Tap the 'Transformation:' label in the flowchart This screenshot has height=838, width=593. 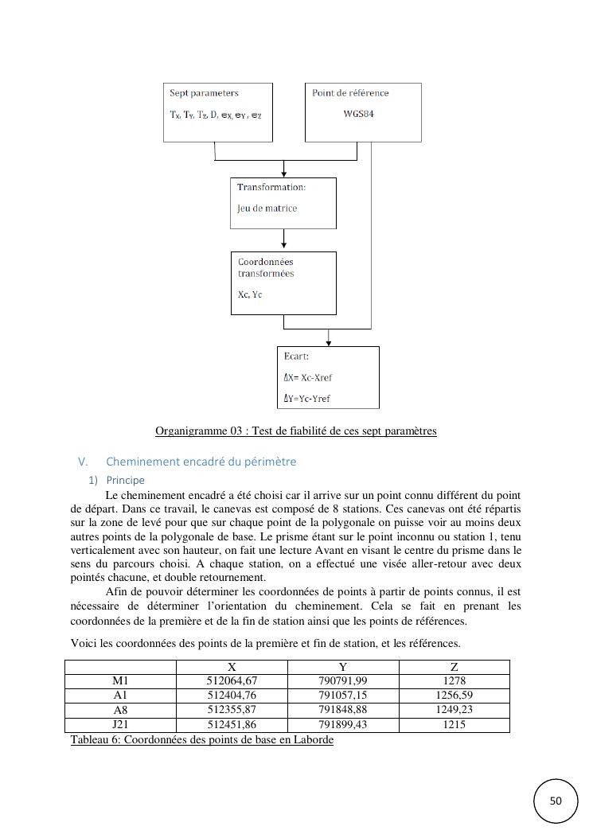click(x=271, y=187)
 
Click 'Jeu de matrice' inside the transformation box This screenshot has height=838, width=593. click(x=267, y=209)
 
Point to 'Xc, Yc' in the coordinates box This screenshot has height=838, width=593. click(x=250, y=295)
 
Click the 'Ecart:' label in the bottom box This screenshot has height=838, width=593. click(x=296, y=357)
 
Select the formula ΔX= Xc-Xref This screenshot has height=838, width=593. click(x=307, y=377)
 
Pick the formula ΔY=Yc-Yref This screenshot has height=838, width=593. click(x=306, y=399)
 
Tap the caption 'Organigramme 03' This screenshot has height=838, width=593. click(x=295, y=431)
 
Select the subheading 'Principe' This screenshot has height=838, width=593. click(x=125, y=481)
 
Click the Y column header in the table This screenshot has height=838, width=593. click(x=342, y=667)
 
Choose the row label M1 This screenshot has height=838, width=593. click(x=120, y=681)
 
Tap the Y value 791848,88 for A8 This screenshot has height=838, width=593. click(x=342, y=710)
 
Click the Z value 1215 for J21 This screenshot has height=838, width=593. click(x=454, y=724)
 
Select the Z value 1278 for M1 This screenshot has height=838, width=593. click(x=454, y=681)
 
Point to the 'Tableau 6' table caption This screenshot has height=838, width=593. click(x=201, y=740)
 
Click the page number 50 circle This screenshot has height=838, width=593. click(x=556, y=801)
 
